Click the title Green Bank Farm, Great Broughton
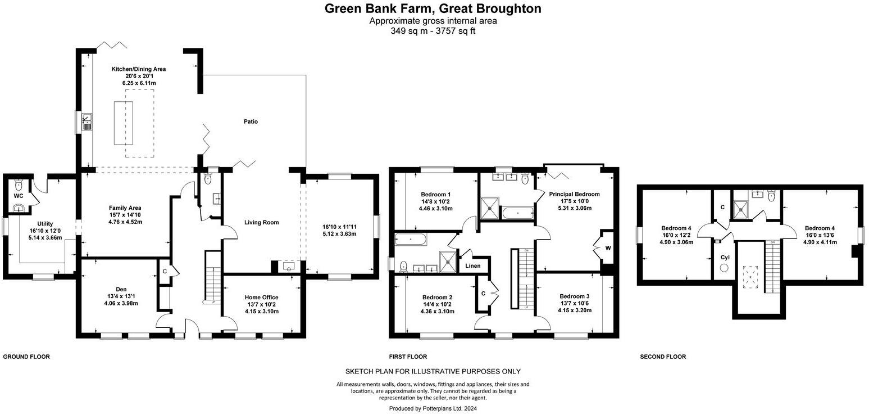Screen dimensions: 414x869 point(433,8)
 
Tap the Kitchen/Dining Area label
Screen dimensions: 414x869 point(138,69)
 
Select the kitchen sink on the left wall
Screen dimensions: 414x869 point(87,121)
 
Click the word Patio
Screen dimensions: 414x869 point(251,121)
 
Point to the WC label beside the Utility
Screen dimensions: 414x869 point(18,196)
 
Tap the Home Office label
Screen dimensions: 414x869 point(261,298)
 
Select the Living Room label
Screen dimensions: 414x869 point(261,222)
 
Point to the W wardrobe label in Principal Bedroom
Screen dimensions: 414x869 point(608,248)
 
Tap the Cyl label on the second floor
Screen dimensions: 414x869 point(725,258)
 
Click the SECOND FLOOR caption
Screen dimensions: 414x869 point(663,357)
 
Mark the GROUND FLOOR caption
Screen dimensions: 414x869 point(26,357)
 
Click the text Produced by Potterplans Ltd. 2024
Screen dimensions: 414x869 point(433,408)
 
